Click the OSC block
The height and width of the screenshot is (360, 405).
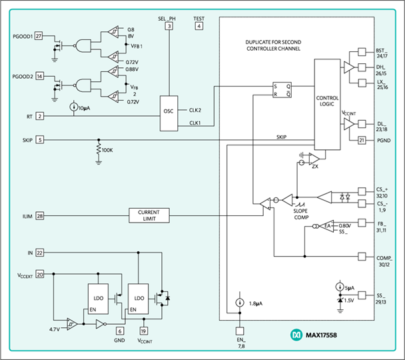(169, 113)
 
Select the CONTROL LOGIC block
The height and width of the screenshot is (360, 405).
(327, 104)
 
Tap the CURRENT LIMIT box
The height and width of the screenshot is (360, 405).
(149, 215)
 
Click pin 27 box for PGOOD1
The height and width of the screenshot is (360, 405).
(39, 36)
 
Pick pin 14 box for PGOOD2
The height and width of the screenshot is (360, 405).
(39, 76)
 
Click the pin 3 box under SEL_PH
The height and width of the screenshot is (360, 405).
(169, 26)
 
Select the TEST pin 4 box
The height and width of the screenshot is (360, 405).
(199, 26)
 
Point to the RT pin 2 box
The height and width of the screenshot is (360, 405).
(40, 116)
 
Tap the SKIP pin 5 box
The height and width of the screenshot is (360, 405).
(40, 140)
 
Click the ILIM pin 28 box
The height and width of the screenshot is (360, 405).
(39, 215)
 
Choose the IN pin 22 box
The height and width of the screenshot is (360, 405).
(39, 253)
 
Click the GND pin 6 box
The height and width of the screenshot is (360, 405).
(120, 331)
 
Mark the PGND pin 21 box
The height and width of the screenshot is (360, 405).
(362, 140)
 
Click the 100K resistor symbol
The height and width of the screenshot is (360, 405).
(99, 150)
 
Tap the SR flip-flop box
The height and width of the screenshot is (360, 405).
(282, 90)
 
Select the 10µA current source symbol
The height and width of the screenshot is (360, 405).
(74, 107)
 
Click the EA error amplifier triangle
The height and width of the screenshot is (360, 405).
(326, 226)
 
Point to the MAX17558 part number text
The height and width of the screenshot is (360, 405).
(321, 335)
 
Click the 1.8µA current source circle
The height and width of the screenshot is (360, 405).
(240, 303)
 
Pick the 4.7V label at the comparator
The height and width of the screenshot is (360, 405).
(55, 329)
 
